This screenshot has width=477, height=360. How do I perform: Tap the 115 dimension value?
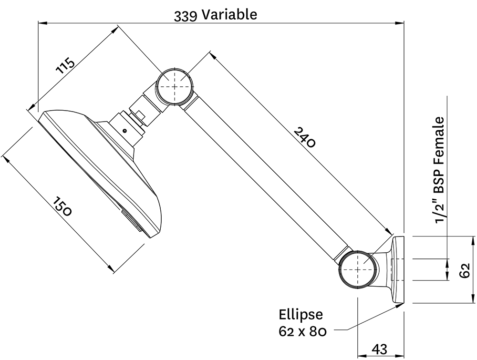point(65,66)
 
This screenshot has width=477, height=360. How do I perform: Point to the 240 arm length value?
point(304,137)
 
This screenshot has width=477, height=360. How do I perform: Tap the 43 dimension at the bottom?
point(379,349)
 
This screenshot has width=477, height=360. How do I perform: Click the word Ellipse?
point(301,315)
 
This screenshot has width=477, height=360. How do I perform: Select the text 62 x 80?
point(302,331)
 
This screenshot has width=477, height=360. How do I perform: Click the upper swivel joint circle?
point(175,86)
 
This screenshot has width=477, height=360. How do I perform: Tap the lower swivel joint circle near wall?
point(356,268)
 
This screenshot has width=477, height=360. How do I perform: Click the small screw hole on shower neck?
point(124,131)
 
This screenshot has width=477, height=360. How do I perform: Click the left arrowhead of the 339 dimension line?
point(41,22)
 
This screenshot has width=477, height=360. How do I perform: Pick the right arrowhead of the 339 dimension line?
point(401,22)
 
